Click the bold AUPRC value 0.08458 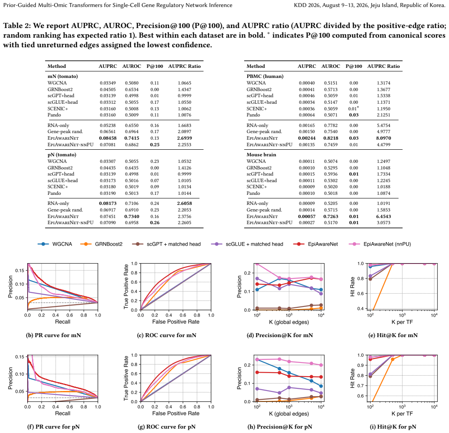pos(108,138)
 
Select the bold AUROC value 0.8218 pos(331,138)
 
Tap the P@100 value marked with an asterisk pos(353,109)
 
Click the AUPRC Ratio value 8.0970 pos(383,138)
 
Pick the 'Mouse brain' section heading pos(261,155)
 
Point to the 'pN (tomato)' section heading pos(62,155)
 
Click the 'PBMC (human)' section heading pos(265,76)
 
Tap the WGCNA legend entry pos(55,244)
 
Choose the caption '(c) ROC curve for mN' pos(167,335)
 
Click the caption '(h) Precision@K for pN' pos(280,427)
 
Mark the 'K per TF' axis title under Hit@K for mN pos(402,322)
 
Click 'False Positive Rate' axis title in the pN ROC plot pos(176,413)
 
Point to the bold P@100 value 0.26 pos(155,223)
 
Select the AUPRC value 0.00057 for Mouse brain pos(306,216)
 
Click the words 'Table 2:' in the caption pos(17,26)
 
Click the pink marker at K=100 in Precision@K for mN pos(257,264)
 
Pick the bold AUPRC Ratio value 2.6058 pos(185,203)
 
